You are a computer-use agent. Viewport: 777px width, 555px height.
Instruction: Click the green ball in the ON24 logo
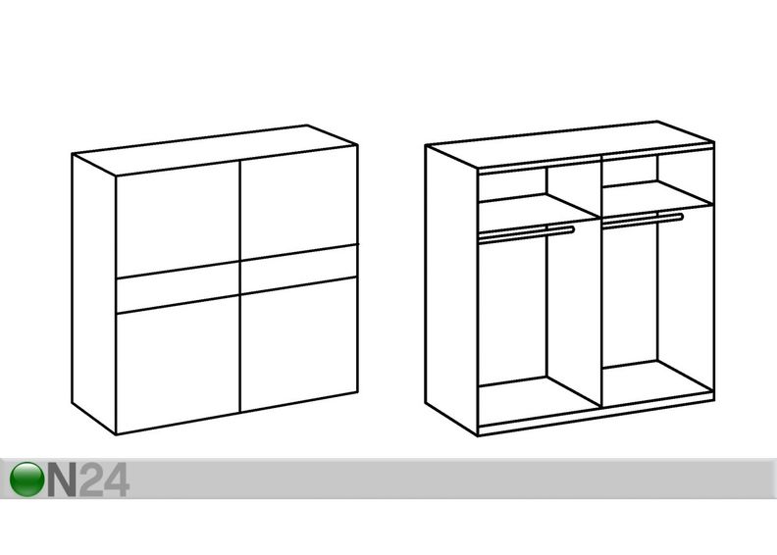pyautogui.click(x=26, y=479)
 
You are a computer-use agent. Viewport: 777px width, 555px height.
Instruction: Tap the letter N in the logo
pyautogui.click(x=62, y=479)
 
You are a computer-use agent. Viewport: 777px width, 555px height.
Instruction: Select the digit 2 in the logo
pyautogui.click(x=90, y=479)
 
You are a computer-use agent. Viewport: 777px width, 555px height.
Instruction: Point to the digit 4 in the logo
pyautogui.click(x=117, y=479)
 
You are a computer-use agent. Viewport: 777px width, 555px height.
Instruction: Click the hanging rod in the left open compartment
pyautogui.click(x=526, y=234)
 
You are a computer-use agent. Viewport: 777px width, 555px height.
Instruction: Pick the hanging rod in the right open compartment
pyautogui.click(x=643, y=220)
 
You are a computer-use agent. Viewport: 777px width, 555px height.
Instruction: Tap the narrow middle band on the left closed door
pyautogui.click(x=178, y=287)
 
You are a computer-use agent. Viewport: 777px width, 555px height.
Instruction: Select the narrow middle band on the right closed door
pyautogui.click(x=299, y=270)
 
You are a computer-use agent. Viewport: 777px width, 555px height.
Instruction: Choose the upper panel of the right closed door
pyautogui.click(x=299, y=202)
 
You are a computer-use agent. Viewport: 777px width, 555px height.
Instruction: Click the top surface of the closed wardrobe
pyautogui.click(x=215, y=150)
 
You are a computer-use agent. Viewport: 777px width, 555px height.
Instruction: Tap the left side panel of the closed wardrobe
pyautogui.click(x=94, y=294)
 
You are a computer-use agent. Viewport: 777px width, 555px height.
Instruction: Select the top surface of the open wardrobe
pyautogui.click(x=570, y=144)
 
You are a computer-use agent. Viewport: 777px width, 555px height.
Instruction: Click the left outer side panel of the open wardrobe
pyautogui.click(x=451, y=290)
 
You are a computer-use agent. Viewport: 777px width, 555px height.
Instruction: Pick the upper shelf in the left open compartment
pyautogui.click(x=539, y=206)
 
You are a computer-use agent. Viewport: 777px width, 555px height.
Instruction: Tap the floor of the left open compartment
pyautogui.click(x=539, y=392)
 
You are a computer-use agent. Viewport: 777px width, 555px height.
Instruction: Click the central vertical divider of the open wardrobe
pyautogui.click(x=601, y=282)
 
